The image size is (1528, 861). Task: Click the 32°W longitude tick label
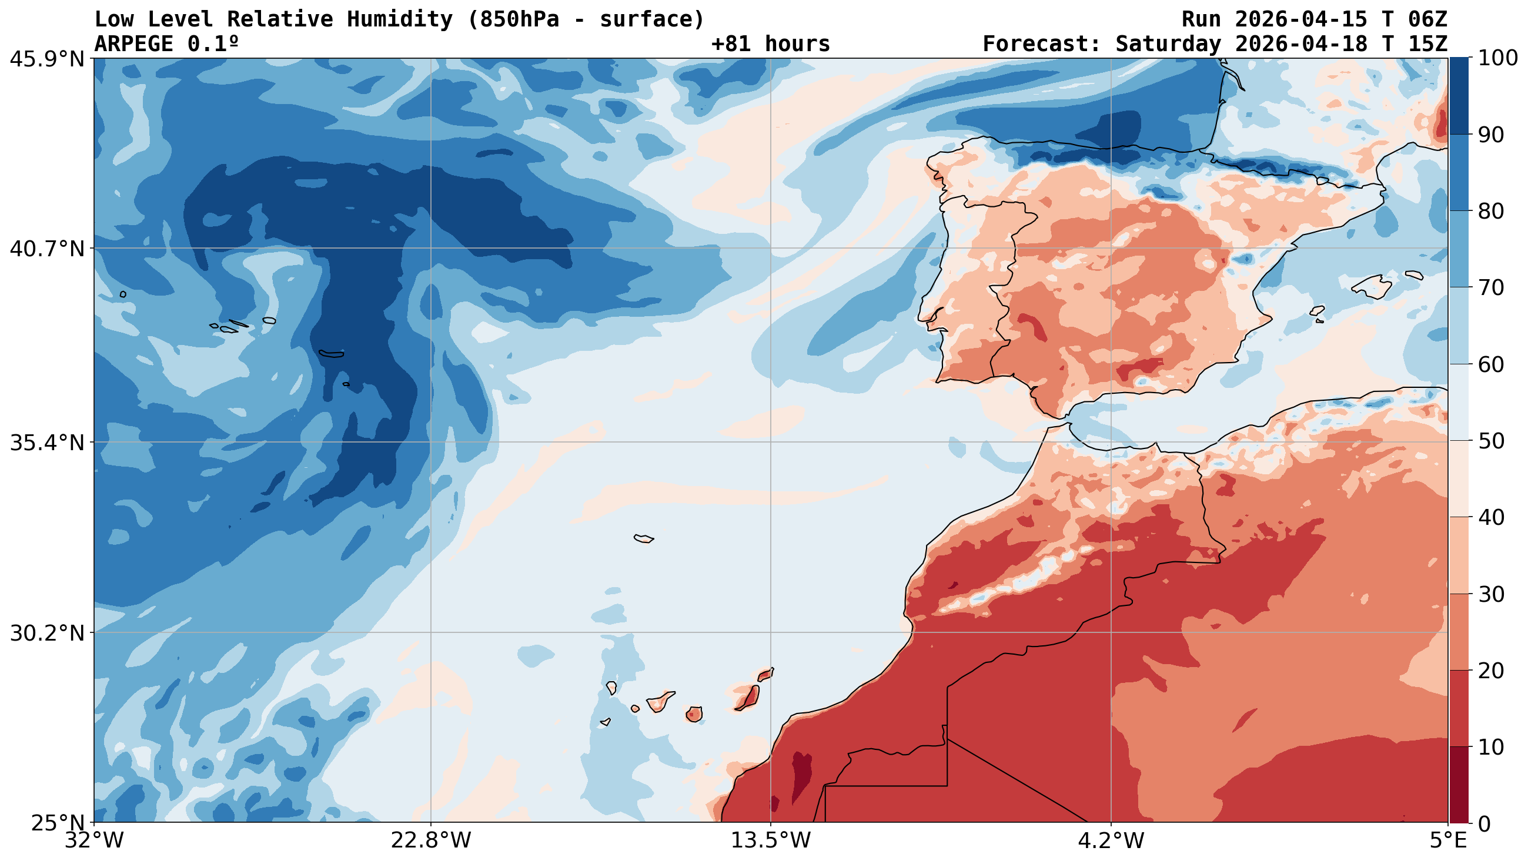click(x=95, y=841)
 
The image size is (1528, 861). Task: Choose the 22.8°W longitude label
click(x=430, y=841)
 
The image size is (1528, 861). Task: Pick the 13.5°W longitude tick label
click(x=770, y=841)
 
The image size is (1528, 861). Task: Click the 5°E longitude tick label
click(x=1447, y=841)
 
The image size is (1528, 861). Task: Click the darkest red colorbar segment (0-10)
click(x=1459, y=785)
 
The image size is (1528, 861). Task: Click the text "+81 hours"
click(x=770, y=44)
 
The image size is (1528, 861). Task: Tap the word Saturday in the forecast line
click(x=1168, y=44)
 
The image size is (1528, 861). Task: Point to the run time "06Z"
click(x=1427, y=19)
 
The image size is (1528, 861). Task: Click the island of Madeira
click(x=644, y=538)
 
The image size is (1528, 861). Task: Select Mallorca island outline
click(x=1372, y=287)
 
